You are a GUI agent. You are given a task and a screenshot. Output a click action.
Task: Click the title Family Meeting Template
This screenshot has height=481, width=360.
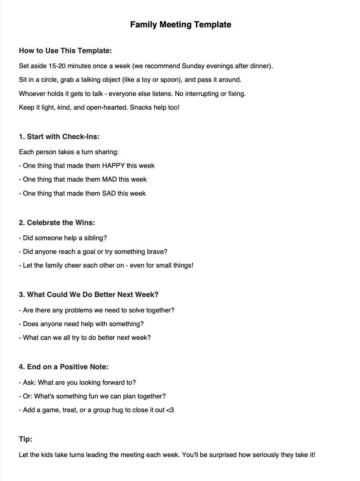(180, 25)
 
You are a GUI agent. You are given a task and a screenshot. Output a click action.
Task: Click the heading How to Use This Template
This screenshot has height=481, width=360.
(65, 51)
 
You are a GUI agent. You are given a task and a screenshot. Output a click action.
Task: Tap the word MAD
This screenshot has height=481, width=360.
(110, 180)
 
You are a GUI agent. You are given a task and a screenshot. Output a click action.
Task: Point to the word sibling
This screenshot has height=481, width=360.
(96, 238)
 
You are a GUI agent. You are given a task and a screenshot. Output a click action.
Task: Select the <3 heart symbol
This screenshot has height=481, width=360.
(170, 410)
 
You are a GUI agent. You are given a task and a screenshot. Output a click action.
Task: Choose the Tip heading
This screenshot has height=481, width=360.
(26, 439)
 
